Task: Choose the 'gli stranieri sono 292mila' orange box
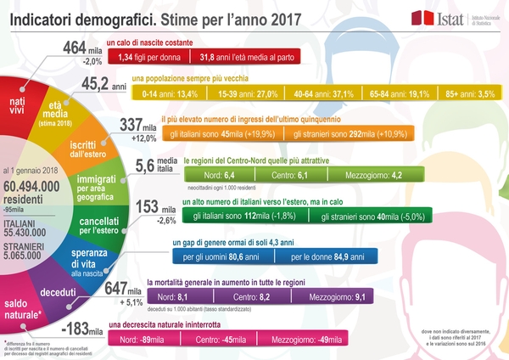[341, 133]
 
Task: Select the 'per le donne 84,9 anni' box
[328, 256]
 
